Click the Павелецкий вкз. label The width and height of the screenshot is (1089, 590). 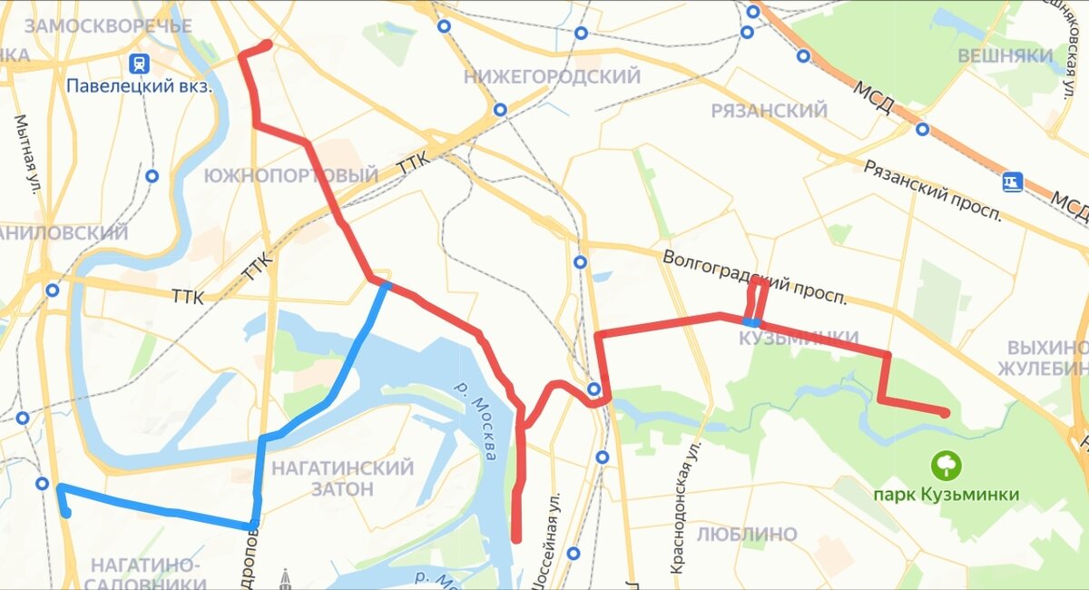pyautogui.click(x=138, y=87)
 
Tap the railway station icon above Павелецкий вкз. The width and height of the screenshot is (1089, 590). pyautogui.click(x=139, y=64)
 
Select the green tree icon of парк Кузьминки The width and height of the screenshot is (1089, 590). pyautogui.click(x=946, y=467)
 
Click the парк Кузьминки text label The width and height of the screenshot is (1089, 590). pyautogui.click(x=946, y=495)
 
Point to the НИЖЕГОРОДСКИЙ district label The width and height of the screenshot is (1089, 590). pyautogui.click(x=552, y=77)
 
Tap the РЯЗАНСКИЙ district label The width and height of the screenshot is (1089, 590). pyautogui.click(x=769, y=111)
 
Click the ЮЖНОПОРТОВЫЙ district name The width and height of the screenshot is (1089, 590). pyautogui.click(x=291, y=175)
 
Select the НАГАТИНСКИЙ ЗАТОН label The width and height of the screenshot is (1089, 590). pyautogui.click(x=342, y=478)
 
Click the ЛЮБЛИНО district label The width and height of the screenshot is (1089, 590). pyautogui.click(x=748, y=534)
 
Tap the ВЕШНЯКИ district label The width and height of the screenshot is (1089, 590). pyautogui.click(x=1006, y=56)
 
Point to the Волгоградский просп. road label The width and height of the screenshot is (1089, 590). pyautogui.click(x=755, y=277)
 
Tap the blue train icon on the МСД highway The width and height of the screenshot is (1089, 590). pyautogui.click(x=1013, y=182)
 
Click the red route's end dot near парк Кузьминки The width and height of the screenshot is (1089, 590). pyautogui.click(x=945, y=413)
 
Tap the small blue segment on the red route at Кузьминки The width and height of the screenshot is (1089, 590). pyautogui.click(x=751, y=322)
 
